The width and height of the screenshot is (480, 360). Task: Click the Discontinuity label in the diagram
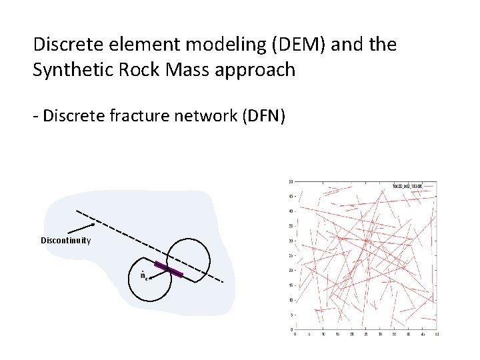(65, 240)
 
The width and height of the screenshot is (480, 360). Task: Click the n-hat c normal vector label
(143, 275)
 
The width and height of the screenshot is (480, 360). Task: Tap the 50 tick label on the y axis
(290, 182)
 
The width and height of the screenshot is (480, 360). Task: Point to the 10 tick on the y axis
(290, 300)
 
